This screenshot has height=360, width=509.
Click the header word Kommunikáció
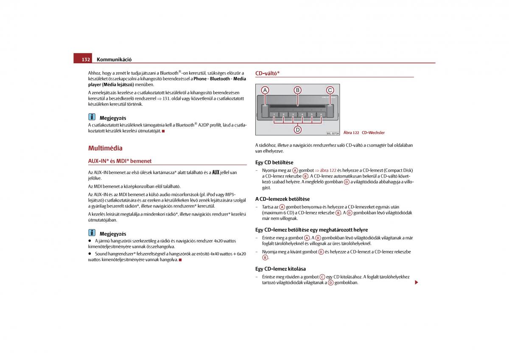pos(114,59)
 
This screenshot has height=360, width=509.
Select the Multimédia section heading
pos(105,148)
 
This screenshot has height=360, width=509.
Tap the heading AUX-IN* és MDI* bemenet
pos(120,161)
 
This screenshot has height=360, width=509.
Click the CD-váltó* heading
pos(267,73)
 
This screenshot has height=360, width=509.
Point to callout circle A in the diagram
pos(265,90)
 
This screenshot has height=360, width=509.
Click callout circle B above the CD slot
pos(298,90)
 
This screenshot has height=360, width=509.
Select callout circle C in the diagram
pos(330,90)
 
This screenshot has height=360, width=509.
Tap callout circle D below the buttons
pos(298,129)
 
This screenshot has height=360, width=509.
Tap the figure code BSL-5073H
pos(333,133)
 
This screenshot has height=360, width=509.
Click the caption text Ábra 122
pos(351,133)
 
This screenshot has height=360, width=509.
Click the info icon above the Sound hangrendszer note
pos(92,233)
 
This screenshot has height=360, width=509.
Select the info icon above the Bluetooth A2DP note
pos(92,117)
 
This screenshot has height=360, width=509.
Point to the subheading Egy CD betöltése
pos(274,163)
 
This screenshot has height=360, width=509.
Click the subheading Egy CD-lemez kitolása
pos(280,269)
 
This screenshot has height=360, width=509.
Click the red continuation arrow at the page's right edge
pos(417,282)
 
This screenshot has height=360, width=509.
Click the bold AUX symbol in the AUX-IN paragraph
pos(215,172)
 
